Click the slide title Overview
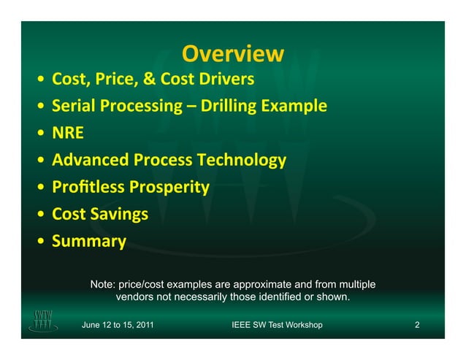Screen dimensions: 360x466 232,54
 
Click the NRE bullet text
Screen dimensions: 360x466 68,133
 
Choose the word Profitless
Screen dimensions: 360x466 88,187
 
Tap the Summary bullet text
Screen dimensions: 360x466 88,241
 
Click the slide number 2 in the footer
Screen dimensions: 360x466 417,324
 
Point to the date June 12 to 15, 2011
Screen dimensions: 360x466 118,324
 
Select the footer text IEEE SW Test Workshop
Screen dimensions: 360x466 276,324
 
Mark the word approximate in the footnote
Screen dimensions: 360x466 260,283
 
